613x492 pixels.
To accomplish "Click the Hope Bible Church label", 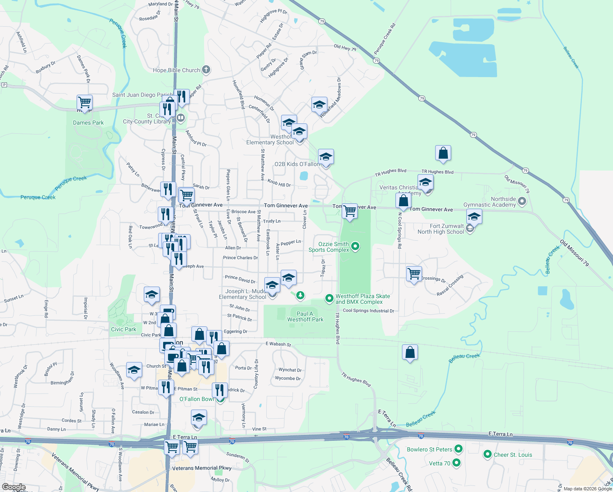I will tap(176, 70).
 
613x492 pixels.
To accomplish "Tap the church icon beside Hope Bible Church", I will tap(206, 70).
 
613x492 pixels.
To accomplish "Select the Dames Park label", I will tap(88, 123).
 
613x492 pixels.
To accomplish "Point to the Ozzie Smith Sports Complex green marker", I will tap(356, 246).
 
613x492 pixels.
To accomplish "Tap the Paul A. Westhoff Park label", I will tap(305, 317).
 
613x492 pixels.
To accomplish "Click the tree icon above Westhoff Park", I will tap(300, 295).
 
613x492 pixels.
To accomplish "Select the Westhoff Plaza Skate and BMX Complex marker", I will tap(329, 298).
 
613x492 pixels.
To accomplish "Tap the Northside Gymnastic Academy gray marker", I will tap(522, 201).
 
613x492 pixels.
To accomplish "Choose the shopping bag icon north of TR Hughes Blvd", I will tap(443, 153).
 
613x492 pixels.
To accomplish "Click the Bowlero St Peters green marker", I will tap(459, 449).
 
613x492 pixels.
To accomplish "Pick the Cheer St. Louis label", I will tap(513, 455).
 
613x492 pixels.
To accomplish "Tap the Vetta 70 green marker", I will tap(456, 463).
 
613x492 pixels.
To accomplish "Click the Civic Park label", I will tap(123, 329).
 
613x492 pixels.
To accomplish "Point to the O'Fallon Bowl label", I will tap(197, 399).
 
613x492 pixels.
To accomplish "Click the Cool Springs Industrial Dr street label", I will tap(368, 311).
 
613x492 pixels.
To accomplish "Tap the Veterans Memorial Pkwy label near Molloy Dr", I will tap(202, 468).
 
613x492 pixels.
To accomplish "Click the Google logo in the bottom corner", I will tap(14, 487).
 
